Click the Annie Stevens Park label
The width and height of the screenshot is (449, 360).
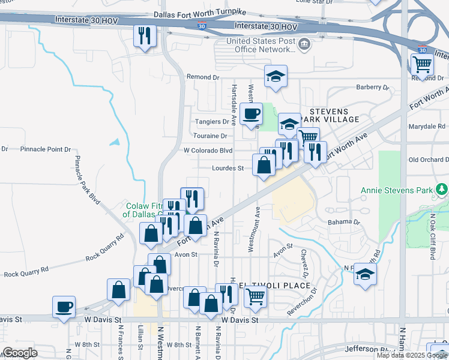point(396,191)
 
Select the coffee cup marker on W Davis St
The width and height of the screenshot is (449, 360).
point(64,307)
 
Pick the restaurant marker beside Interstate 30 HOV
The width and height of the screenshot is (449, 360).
point(144,35)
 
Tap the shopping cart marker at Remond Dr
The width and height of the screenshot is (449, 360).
point(422,64)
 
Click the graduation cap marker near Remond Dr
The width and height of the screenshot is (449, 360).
point(276,76)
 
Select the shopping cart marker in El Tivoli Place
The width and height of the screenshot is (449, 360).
point(256,296)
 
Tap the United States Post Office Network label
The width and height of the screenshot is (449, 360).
point(261,46)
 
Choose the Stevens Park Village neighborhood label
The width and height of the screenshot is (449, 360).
point(334,116)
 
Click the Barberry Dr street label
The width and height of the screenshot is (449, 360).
point(373,88)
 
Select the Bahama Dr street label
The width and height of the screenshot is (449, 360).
point(344,222)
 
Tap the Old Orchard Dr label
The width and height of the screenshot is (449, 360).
point(429,160)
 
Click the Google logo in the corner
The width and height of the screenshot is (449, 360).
point(20,353)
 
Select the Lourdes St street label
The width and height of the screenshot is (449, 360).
point(228,169)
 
